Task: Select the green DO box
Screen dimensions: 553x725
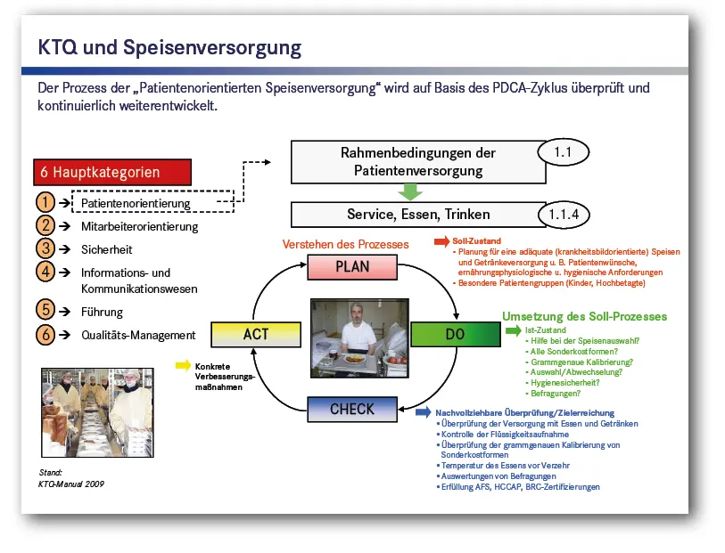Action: pyautogui.click(x=455, y=335)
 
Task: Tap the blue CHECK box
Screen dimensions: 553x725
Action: pyautogui.click(x=351, y=410)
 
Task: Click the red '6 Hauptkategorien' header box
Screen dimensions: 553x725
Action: pyautogui.click(x=112, y=172)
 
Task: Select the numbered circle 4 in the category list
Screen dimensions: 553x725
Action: pyautogui.click(x=46, y=272)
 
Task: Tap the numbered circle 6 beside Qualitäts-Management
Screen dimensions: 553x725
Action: pyautogui.click(x=46, y=336)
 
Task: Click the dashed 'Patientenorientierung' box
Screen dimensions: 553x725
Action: pyautogui.click(x=152, y=202)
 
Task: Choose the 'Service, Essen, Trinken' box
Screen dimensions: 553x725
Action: pyautogui.click(x=418, y=215)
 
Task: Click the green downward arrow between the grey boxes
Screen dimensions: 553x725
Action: pyautogui.click(x=409, y=191)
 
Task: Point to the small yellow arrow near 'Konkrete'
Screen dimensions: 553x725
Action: pyautogui.click(x=183, y=365)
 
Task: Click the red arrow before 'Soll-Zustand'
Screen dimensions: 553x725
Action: pyautogui.click(x=441, y=241)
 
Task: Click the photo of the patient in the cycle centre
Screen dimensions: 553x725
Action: pyautogui.click(x=358, y=337)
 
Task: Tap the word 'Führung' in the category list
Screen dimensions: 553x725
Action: pyautogui.click(x=103, y=313)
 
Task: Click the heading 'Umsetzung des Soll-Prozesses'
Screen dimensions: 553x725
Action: pyautogui.click(x=584, y=316)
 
